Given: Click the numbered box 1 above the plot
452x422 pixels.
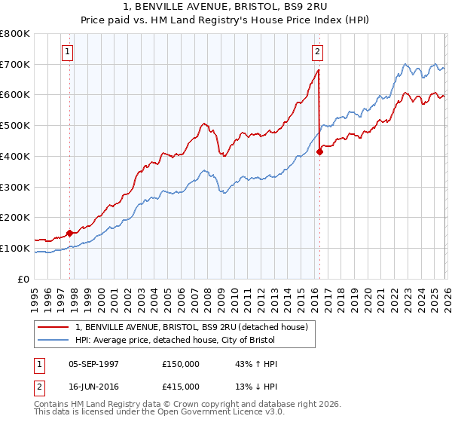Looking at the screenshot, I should click(x=68, y=52).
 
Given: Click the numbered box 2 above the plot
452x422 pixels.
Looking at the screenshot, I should click(x=316, y=52).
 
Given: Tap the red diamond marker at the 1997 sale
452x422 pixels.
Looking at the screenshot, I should click(x=70, y=233).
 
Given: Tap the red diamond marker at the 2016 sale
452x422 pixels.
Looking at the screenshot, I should click(x=319, y=151).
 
